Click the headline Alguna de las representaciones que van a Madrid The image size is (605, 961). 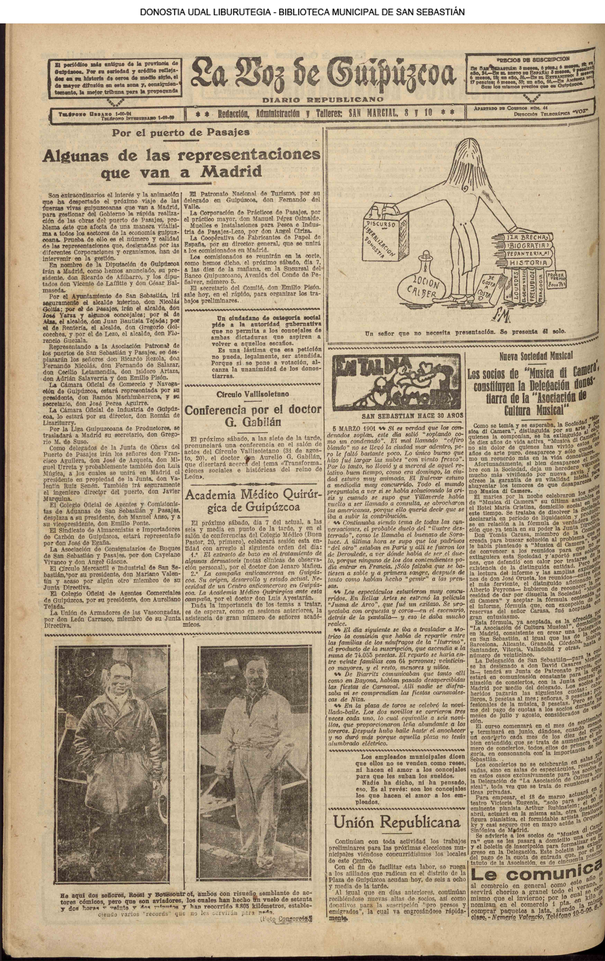(x=181, y=163)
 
